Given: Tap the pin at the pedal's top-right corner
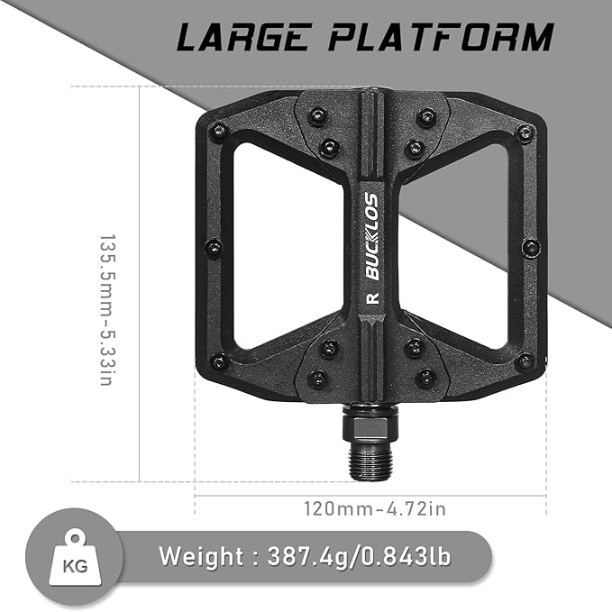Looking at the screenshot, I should [x=524, y=133].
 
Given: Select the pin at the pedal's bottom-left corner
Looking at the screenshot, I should [x=216, y=361].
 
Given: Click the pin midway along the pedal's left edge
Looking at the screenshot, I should [x=214, y=247].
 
